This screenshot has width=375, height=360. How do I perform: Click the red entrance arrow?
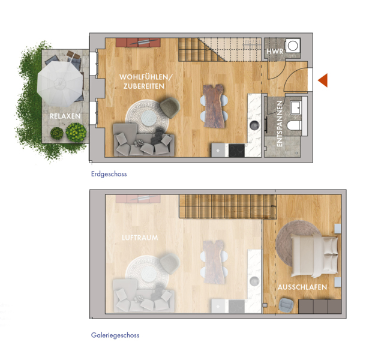click(323, 80)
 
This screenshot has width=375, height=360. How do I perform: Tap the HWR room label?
click(275, 51)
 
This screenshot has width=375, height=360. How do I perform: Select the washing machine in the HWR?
click(292, 46)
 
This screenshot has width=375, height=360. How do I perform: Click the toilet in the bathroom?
click(294, 125)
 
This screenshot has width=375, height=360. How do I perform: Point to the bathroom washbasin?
click(296, 108)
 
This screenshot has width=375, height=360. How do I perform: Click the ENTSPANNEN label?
click(280, 124)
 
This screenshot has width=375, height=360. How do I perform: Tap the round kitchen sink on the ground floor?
click(254, 125)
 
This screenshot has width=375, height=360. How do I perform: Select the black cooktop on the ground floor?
click(236, 151)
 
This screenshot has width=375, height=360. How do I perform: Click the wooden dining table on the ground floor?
click(214, 106)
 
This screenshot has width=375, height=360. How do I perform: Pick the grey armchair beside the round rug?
click(170, 107)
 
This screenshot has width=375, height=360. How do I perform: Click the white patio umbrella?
click(60, 83)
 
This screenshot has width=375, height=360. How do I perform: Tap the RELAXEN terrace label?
click(65, 116)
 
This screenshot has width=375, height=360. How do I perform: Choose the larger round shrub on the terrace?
click(76, 132)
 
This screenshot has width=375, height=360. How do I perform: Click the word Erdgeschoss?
click(109, 174)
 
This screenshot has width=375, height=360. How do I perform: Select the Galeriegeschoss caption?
click(115, 335)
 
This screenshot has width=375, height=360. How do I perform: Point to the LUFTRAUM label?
click(140, 238)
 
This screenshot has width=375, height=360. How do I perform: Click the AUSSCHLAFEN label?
click(302, 287)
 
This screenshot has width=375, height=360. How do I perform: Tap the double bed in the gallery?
click(314, 256)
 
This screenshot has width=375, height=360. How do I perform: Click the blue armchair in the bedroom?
click(286, 305)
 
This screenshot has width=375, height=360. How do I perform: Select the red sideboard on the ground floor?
click(138, 43)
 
